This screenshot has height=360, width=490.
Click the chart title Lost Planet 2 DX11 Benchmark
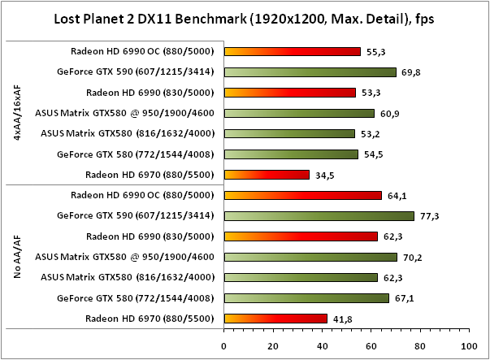243,19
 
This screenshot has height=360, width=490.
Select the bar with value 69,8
310,72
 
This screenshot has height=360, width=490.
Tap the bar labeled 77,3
319,216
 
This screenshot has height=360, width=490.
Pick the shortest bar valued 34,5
267,174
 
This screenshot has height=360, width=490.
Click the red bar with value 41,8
275,319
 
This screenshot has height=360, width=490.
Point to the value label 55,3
377,51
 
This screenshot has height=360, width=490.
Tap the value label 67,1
405,298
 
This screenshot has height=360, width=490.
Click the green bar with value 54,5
291,154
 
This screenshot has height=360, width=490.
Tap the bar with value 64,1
302,195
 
